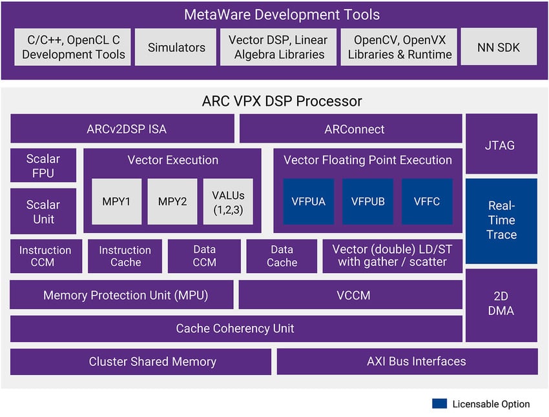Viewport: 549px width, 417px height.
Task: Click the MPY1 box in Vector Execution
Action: point(116,201)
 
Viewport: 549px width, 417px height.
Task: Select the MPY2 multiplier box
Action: point(172,201)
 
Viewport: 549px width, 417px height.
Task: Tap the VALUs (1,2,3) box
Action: point(228,201)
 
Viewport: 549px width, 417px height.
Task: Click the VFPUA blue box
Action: point(308,201)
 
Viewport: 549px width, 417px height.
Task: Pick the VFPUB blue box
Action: point(368,201)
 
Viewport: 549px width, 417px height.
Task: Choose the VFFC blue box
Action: point(427,201)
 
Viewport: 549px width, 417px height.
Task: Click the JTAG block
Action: point(501,145)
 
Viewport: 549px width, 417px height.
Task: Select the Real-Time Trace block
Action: point(501,221)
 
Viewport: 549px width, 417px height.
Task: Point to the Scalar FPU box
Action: point(43,166)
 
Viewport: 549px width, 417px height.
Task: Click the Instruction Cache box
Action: point(125,256)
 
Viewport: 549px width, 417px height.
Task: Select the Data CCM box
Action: point(204,256)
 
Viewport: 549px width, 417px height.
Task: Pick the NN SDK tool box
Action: point(498,47)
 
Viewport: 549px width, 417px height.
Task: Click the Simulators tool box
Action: point(176,47)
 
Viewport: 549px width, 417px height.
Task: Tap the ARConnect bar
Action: point(351,129)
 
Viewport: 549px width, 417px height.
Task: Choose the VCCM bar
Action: point(351,296)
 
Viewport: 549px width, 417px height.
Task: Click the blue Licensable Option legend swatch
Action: point(439,404)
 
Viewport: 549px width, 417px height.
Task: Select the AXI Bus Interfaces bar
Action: point(407,361)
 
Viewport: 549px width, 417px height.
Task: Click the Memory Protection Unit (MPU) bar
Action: point(121,296)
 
